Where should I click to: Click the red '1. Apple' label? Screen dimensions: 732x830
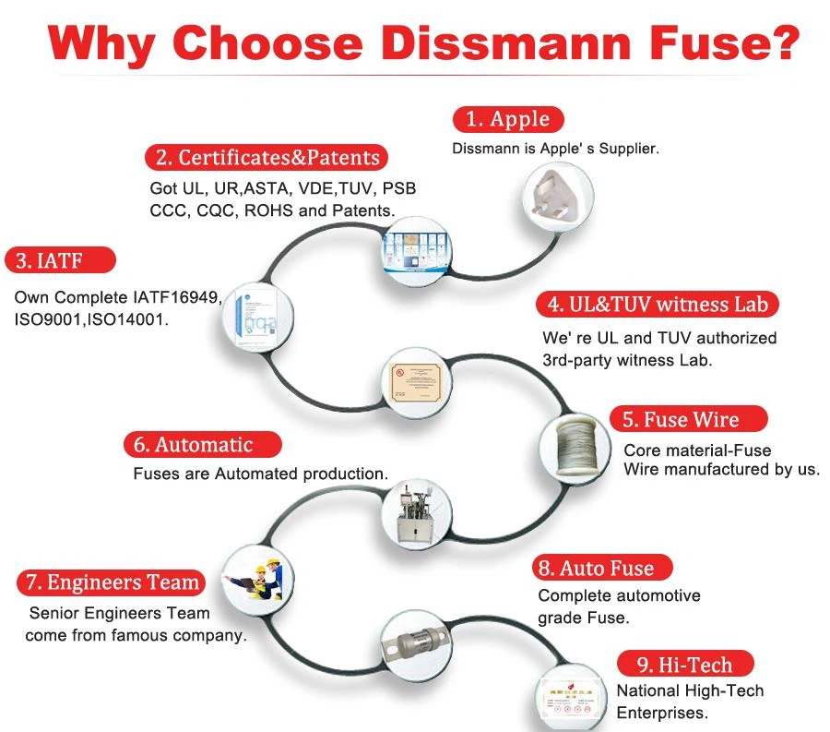[507, 119]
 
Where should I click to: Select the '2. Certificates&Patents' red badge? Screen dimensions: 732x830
[266, 158]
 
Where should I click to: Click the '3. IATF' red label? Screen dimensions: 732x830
[61, 260]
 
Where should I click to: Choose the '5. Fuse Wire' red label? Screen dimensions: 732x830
[688, 420]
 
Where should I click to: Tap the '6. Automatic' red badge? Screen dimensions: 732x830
[202, 445]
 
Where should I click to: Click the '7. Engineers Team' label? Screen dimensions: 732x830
[111, 582]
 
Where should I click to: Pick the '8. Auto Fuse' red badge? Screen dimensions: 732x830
[604, 568]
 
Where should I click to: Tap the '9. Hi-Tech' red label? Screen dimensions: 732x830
[684, 665]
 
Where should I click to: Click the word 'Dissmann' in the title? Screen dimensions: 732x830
[483, 44]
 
